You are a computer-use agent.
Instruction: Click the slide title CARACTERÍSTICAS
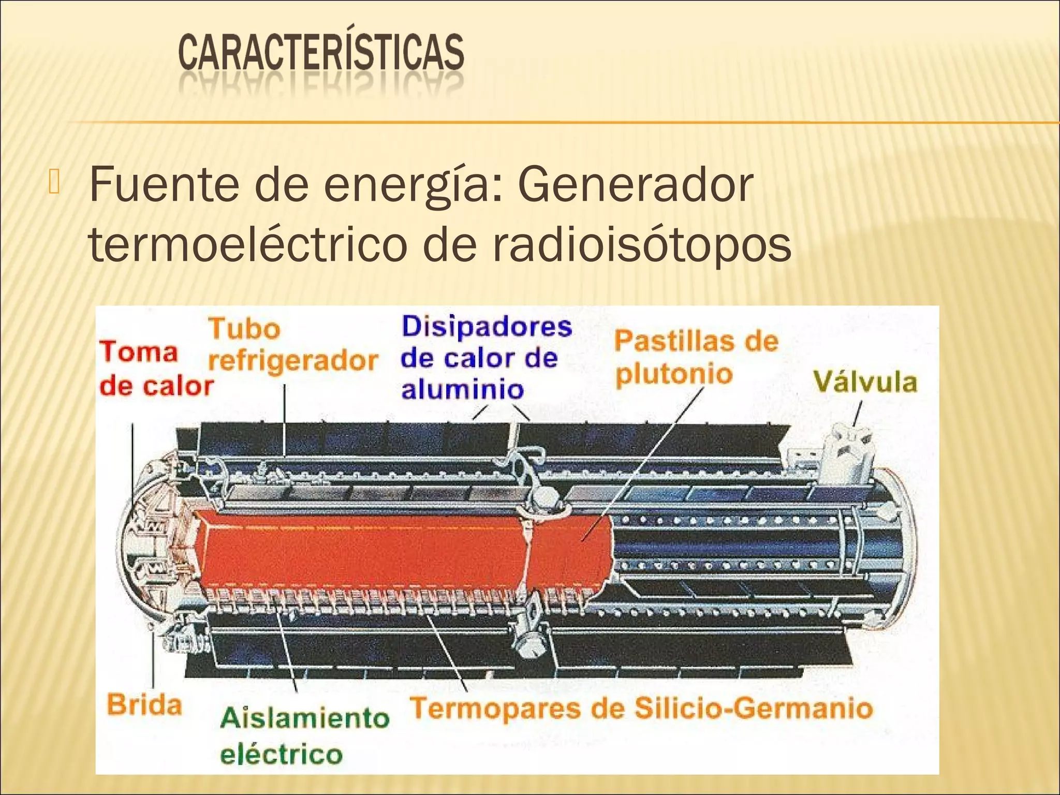pos(321,53)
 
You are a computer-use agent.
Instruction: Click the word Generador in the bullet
pos(635,185)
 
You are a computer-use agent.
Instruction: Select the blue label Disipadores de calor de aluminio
pos(485,358)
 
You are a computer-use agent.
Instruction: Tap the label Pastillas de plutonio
pos(696,357)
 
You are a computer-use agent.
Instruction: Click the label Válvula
pos(865,383)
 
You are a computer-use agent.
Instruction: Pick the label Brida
pos(144,705)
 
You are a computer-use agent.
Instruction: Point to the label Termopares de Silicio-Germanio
pos(641,709)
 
